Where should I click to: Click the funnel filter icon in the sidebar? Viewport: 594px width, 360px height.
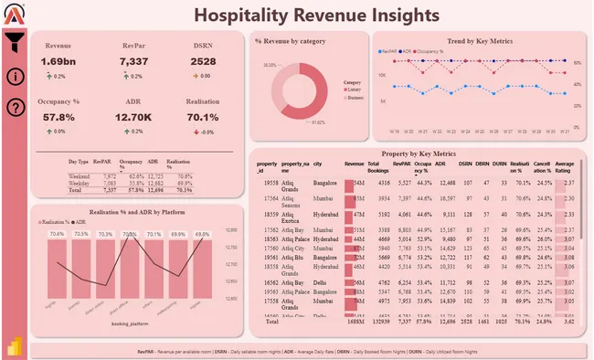15,41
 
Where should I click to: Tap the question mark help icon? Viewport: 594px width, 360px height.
15,108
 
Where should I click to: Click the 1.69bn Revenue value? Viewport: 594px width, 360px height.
58,61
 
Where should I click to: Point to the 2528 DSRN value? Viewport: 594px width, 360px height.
203,61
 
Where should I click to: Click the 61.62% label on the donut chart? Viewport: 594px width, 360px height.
318,122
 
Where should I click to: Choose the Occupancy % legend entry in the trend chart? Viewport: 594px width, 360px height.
430,51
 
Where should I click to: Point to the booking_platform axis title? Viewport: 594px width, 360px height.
131,324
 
